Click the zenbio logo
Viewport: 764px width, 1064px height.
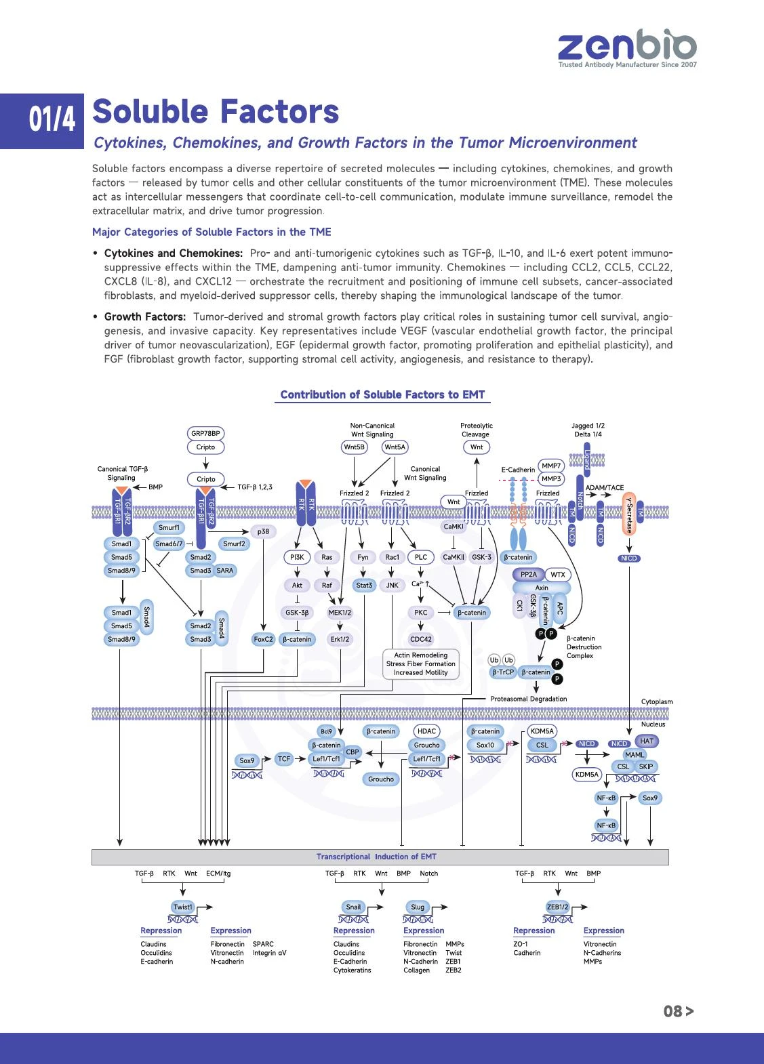(627, 48)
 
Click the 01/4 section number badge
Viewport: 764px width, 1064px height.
(42, 121)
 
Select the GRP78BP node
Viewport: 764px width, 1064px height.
(205, 433)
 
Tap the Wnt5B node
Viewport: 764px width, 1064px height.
(354, 447)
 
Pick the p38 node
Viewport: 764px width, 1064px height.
(263, 531)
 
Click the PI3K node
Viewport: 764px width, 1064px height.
(297, 557)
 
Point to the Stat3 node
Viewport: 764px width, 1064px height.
(364, 586)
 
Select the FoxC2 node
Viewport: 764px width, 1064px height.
(263, 639)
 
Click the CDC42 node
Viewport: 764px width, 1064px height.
(420, 639)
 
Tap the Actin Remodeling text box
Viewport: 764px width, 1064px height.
(420, 663)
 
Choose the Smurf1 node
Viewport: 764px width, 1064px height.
(169, 527)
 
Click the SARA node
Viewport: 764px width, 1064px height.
(225, 571)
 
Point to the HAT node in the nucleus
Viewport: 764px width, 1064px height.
(646, 741)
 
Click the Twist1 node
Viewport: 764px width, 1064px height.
(183, 907)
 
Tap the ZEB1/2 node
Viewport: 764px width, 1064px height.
(557, 907)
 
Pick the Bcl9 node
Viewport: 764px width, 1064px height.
(326, 731)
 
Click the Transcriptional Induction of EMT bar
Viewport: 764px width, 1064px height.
(380, 857)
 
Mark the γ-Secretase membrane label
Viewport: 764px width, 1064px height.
(629, 514)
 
